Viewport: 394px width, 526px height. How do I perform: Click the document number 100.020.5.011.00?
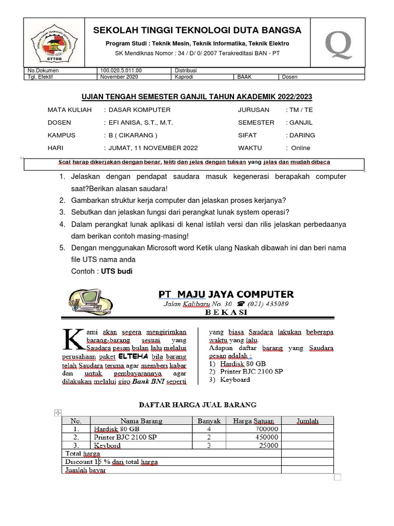pos(121,70)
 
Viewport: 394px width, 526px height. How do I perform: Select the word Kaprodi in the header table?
pos(185,77)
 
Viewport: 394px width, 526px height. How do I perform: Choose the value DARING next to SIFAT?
pos(303,135)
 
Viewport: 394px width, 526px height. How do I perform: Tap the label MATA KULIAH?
pos(70,110)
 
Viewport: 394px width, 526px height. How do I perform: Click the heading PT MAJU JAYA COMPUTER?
pos(226,294)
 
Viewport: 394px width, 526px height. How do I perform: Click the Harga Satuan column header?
pos(253,421)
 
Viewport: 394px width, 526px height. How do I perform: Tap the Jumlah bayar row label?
pos(85,470)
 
